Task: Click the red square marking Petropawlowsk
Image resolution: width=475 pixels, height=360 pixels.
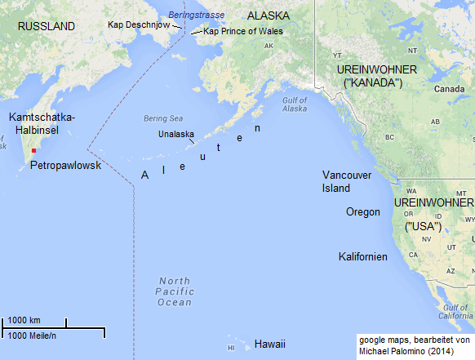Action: tap(33, 151)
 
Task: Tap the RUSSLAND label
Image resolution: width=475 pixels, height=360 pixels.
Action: tap(46, 26)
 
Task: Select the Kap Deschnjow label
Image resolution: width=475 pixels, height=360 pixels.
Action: tap(139, 24)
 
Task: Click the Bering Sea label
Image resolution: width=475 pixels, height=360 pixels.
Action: tap(160, 118)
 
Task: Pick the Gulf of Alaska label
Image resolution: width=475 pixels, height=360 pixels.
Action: tap(295, 104)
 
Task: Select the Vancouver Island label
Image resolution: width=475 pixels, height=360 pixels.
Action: tap(347, 181)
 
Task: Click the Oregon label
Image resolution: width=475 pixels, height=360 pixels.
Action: tap(363, 211)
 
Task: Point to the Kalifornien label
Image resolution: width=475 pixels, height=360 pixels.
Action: tap(363, 257)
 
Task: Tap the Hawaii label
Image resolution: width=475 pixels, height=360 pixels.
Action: tap(270, 344)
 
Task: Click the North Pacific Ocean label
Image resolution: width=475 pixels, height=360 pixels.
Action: tap(175, 291)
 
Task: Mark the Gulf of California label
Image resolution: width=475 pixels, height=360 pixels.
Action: tap(455, 311)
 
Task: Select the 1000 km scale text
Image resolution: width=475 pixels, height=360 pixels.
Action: tap(24, 320)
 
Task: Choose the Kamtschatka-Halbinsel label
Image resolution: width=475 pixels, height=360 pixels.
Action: tap(42, 124)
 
